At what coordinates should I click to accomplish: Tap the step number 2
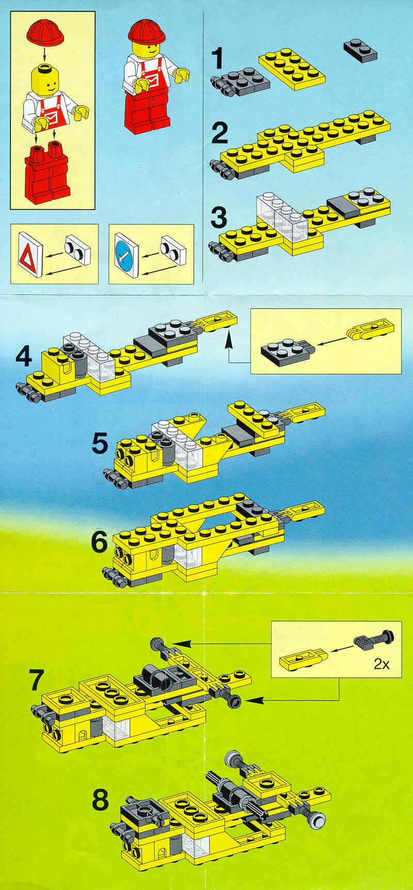pos(220,133)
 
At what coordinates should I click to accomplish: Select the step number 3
pos(219,218)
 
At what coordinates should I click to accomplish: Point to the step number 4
pos(24,356)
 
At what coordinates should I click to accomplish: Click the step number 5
pos(100,443)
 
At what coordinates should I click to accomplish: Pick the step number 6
pos(99,541)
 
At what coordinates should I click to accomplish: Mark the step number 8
pos(100,800)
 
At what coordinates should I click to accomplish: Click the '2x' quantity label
pos(382,664)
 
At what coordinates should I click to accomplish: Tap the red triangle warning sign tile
pos(30,255)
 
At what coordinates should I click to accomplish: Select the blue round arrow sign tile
pos(126,255)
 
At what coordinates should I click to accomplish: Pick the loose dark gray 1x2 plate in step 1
pos(360,50)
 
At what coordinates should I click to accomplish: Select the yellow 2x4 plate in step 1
pos(292,69)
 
